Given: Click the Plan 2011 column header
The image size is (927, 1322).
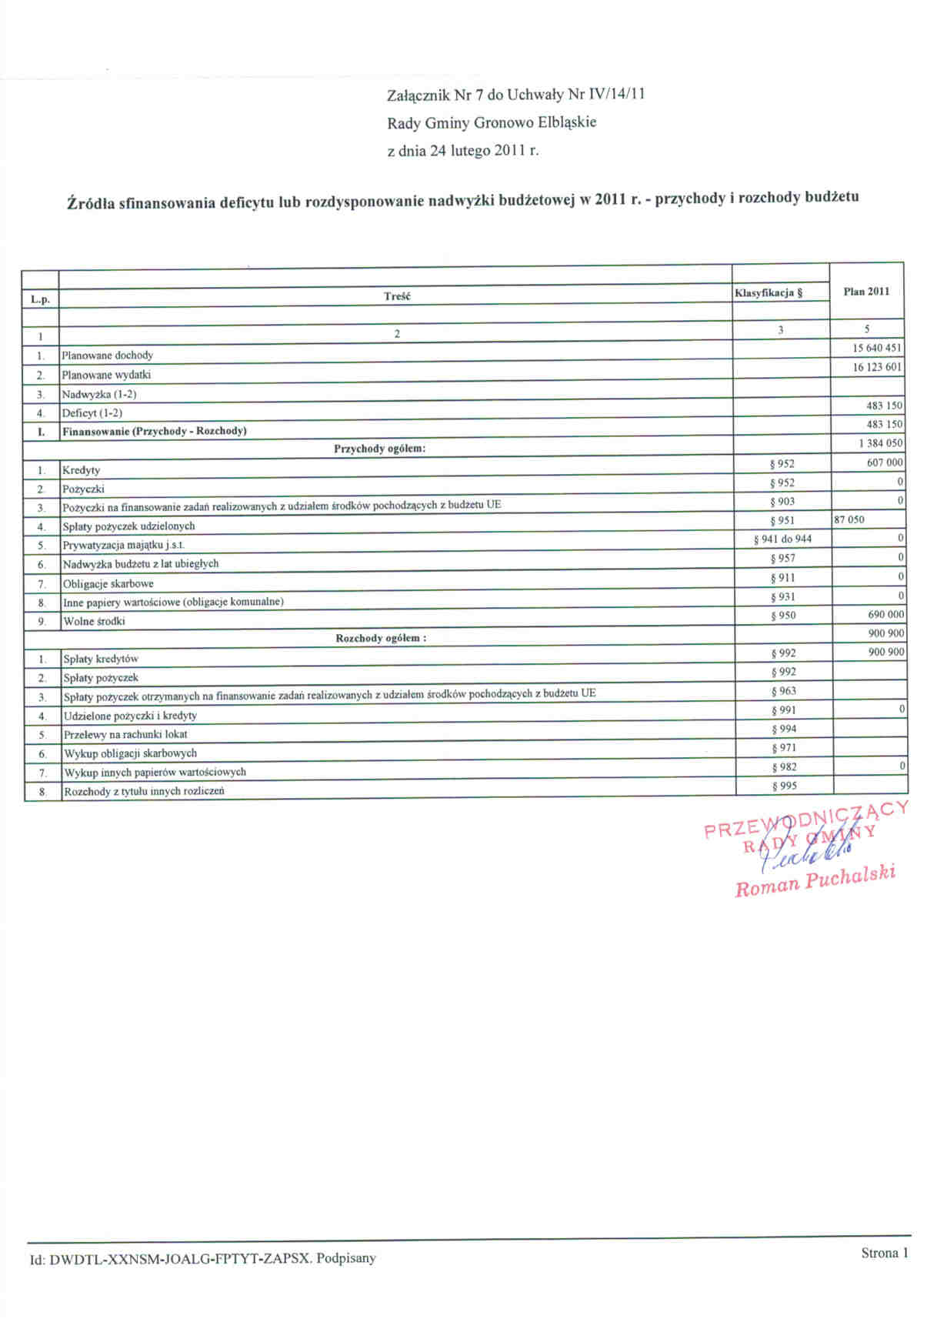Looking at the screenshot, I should [x=866, y=292].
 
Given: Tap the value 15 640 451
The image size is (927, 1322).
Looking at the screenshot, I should [x=876, y=348].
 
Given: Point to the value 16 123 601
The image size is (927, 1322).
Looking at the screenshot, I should [x=876, y=367].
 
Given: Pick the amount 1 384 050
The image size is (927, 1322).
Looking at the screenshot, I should [x=881, y=443].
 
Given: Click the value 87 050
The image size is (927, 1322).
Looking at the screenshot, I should [x=849, y=519].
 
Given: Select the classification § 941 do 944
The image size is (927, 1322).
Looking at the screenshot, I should [x=782, y=539].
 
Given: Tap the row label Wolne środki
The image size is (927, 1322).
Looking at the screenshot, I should [x=94, y=621].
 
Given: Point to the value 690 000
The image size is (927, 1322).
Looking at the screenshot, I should [x=885, y=615].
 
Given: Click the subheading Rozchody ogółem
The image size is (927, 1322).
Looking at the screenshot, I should [x=381, y=638].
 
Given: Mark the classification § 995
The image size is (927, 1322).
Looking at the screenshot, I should [x=784, y=786].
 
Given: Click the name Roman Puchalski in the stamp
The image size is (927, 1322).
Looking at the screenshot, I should [x=815, y=881].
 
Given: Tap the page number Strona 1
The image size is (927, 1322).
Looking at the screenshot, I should [x=885, y=1253].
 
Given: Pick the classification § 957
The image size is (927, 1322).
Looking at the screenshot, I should [x=783, y=559].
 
